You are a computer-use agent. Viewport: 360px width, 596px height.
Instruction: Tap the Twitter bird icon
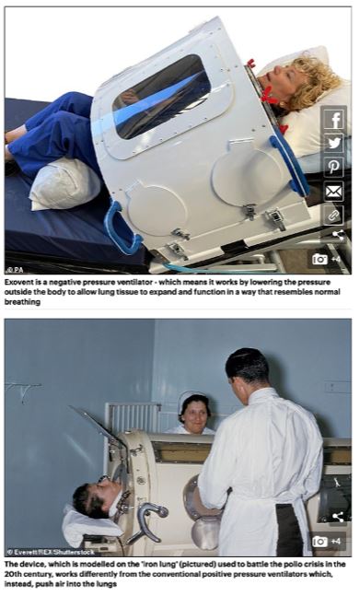(333, 144)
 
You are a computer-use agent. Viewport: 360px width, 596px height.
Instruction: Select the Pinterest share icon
(333, 168)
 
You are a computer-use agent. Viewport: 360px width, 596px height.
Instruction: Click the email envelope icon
(333, 192)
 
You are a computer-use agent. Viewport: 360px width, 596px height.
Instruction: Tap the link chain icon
(333, 215)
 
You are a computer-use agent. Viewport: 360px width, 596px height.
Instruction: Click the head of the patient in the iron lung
(91, 497)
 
